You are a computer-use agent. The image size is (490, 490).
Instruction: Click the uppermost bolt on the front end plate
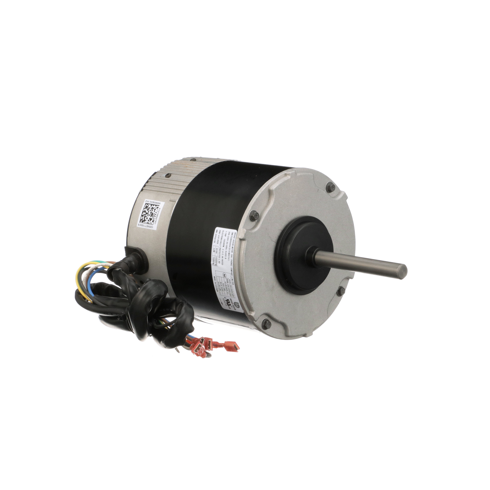[x=330, y=185]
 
